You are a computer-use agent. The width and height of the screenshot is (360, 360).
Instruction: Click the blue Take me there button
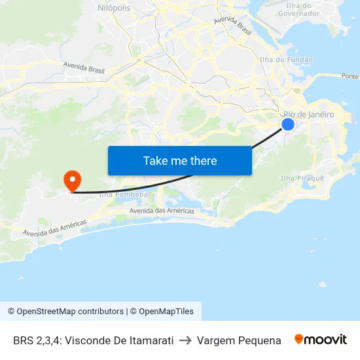tap(180, 160)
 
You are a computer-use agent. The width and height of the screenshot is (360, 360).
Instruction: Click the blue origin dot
tap(288, 124)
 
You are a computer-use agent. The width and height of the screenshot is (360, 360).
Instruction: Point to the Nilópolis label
tap(113, 7)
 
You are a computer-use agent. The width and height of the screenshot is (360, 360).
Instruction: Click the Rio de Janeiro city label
tap(308, 115)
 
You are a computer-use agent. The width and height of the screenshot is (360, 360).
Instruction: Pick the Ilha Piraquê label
tap(302, 178)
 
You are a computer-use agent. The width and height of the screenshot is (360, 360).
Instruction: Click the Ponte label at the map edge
tap(350, 76)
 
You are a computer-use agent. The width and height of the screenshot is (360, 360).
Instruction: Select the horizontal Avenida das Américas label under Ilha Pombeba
tap(162, 211)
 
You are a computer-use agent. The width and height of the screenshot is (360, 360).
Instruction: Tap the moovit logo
tap(321, 340)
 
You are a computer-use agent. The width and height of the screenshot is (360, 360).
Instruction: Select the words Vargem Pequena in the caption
tap(239, 340)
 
